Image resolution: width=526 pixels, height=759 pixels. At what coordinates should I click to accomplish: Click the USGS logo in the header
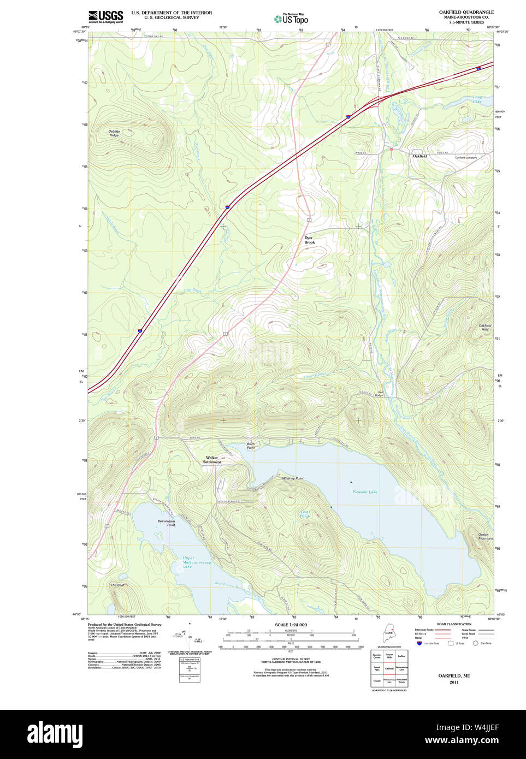click(105, 16)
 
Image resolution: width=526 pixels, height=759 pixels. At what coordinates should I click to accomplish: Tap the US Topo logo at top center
click(292, 19)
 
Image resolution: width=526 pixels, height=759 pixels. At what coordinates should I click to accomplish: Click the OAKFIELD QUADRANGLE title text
click(466, 12)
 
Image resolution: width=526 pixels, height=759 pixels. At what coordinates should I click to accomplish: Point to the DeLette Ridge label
click(114, 133)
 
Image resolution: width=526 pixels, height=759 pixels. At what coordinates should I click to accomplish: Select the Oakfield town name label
click(419, 156)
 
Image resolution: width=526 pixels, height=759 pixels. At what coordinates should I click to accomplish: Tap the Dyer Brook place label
click(309, 240)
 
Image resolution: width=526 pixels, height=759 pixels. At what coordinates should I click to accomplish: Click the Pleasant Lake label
click(364, 492)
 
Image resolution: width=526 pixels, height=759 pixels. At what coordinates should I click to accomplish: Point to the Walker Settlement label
click(212, 460)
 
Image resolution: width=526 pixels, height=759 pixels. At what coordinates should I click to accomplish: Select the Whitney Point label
click(293, 478)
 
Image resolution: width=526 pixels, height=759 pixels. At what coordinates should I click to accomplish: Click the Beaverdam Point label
click(166, 523)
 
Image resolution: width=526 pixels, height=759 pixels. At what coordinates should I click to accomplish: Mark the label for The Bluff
click(117, 585)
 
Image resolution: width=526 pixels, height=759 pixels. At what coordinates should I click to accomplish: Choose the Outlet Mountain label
click(485, 536)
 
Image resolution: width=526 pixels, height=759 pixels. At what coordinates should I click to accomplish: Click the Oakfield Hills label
click(484, 327)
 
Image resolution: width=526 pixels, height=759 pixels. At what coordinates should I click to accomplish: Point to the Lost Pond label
click(305, 514)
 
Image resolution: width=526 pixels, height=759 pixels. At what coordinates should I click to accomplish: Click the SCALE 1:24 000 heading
click(291, 625)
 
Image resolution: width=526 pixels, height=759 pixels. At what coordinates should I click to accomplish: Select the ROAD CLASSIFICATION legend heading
click(454, 624)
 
